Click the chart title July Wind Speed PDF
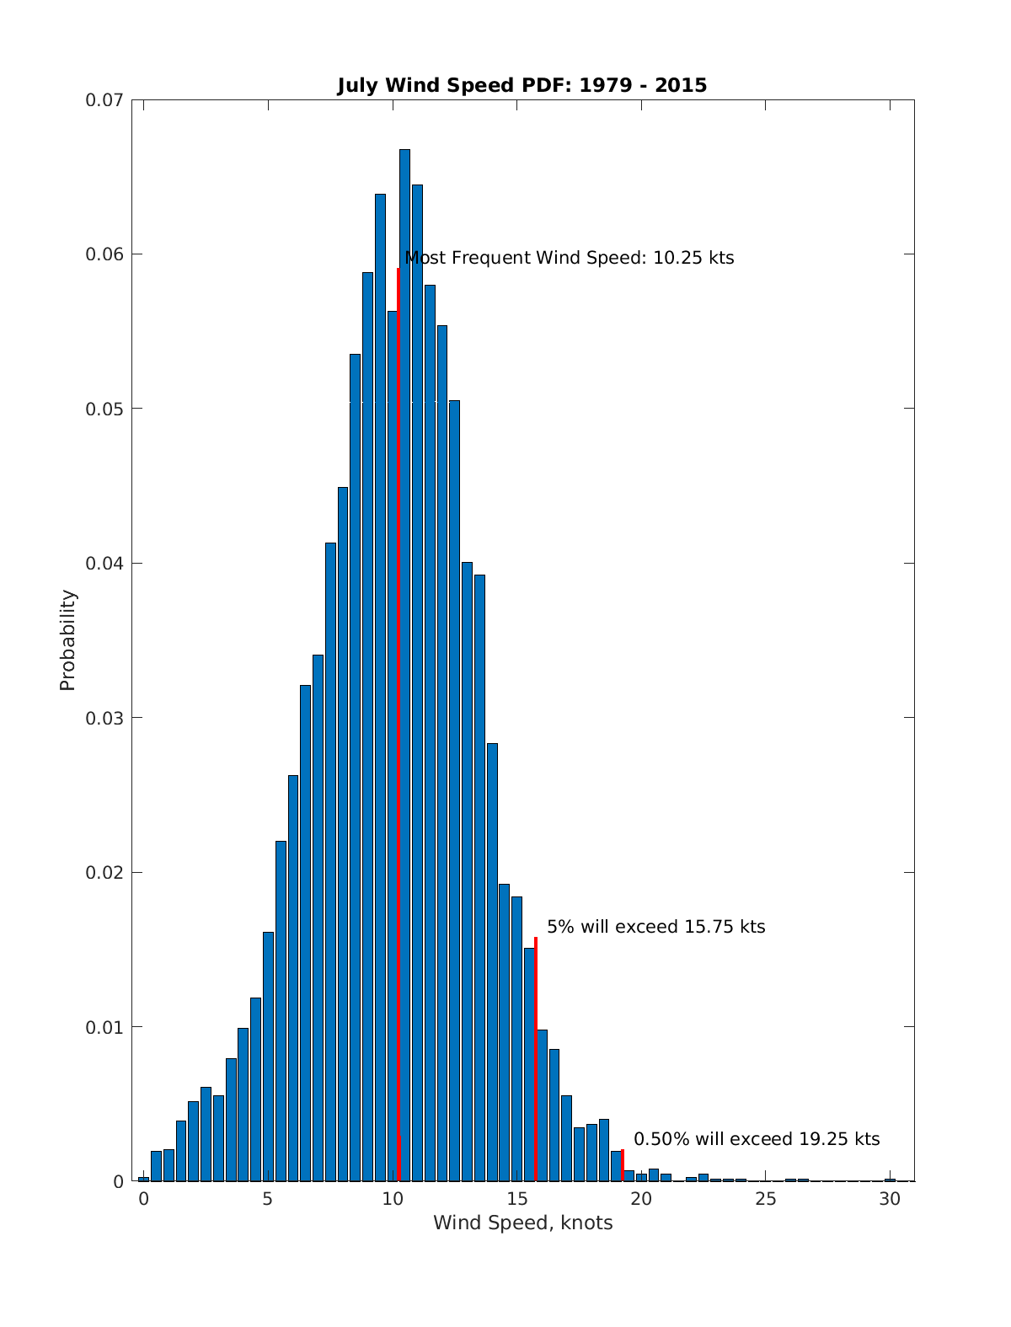pyautogui.click(x=522, y=85)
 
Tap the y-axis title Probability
pyautogui.click(x=67, y=640)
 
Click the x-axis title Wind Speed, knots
pyautogui.click(x=522, y=1223)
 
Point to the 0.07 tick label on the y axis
pyautogui.click(x=104, y=100)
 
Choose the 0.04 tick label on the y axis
pyautogui.click(x=104, y=564)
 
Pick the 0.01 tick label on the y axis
pyautogui.click(x=104, y=1027)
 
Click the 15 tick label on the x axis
pyautogui.click(x=517, y=1199)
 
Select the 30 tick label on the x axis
pyautogui.click(x=890, y=1199)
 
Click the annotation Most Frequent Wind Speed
pyautogui.click(x=570, y=258)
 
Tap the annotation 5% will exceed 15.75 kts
pyautogui.click(x=655, y=927)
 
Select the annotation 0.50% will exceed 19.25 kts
pyautogui.click(x=756, y=1139)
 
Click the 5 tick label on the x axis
pyautogui.click(x=268, y=1199)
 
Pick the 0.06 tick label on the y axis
pyautogui.click(x=104, y=254)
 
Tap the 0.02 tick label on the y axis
pyautogui.click(x=104, y=873)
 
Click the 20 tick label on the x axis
pyautogui.click(x=641, y=1199)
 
